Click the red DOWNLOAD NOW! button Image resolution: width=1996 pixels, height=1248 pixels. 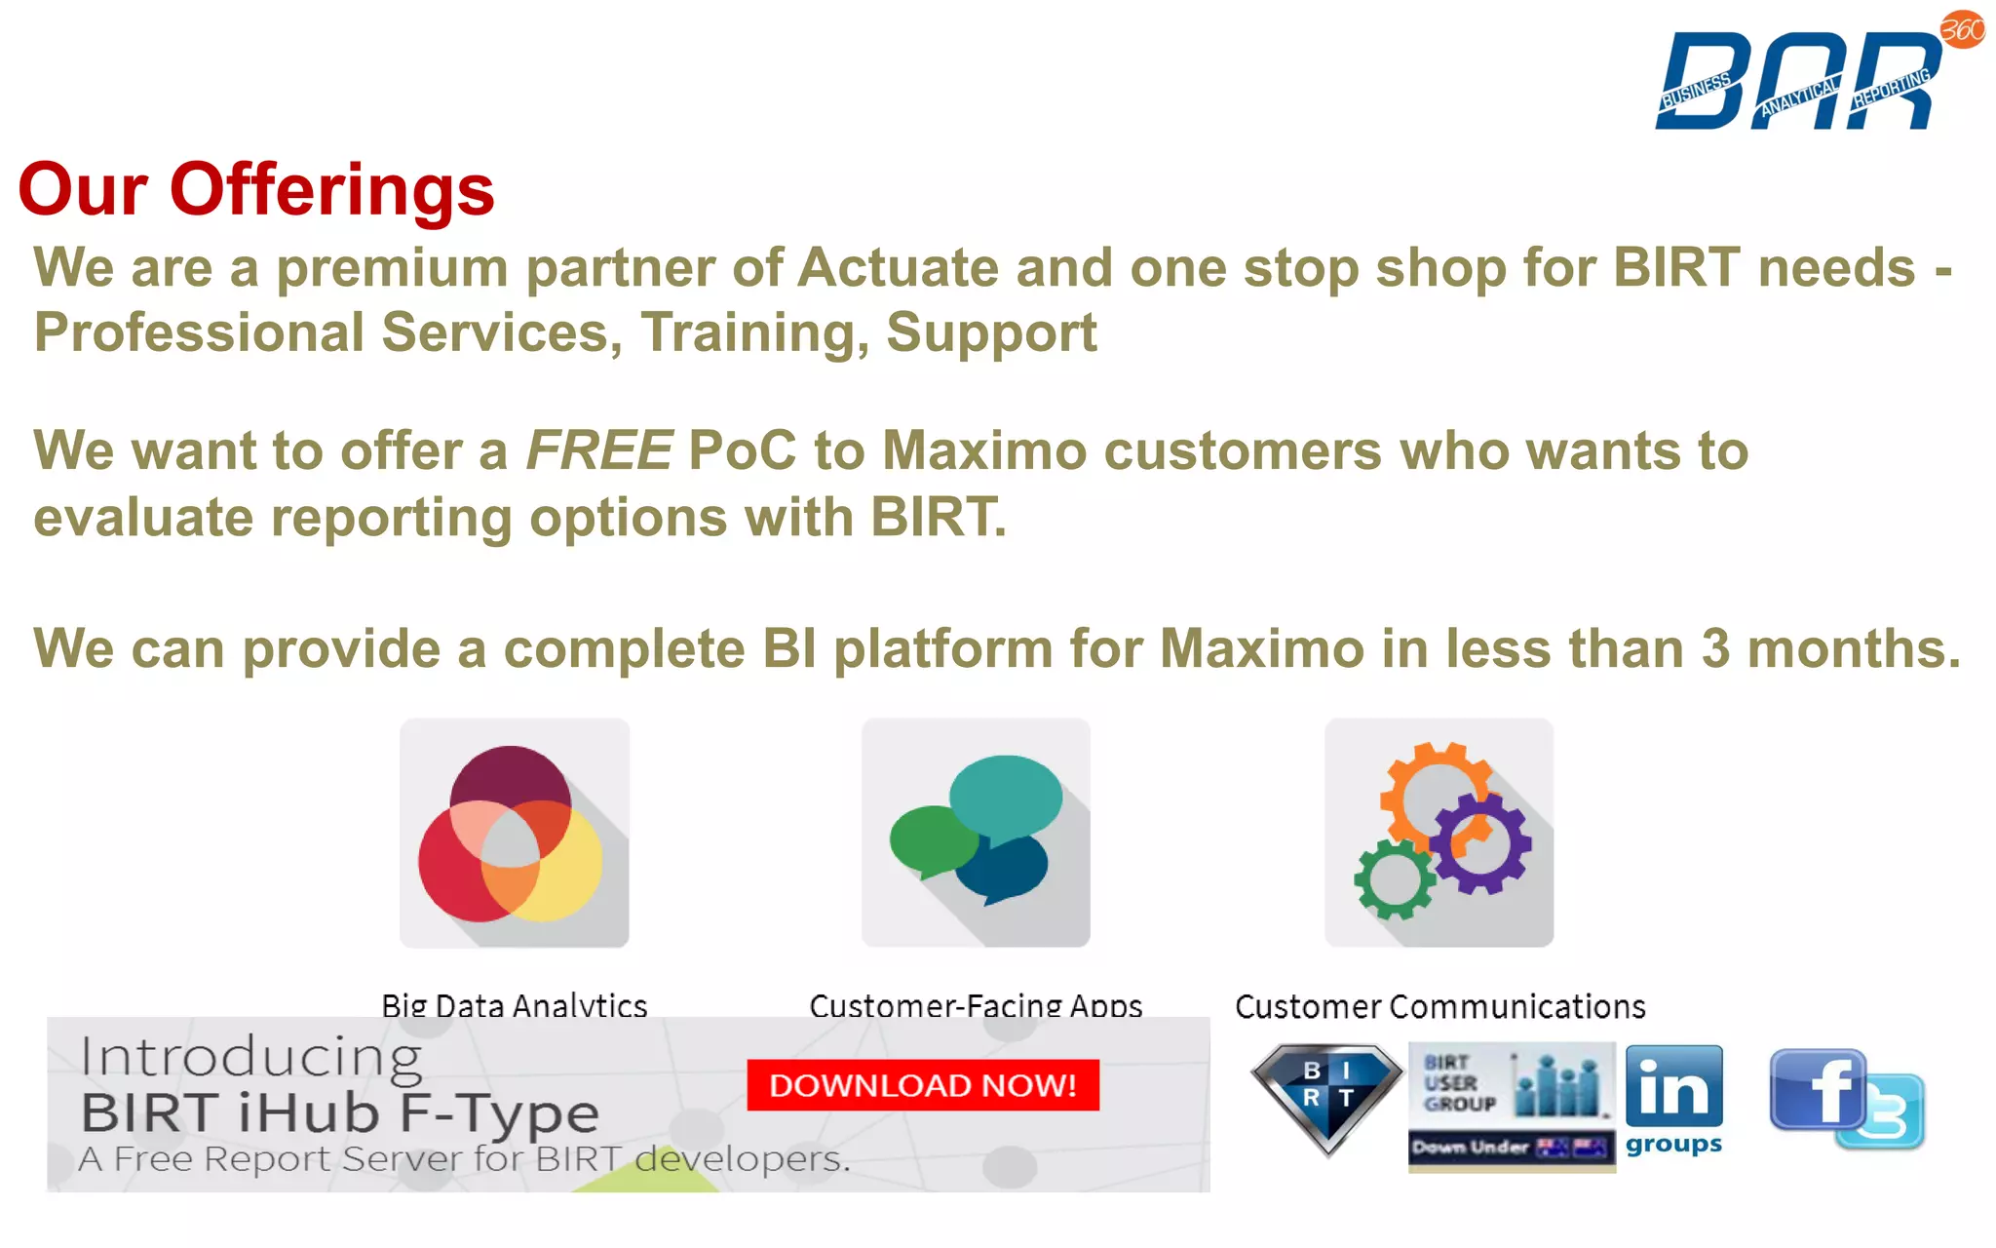(x=922, y=1084)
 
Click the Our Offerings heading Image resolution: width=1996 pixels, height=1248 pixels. (x=256, y=189)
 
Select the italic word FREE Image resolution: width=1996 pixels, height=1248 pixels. (x=598, y=450)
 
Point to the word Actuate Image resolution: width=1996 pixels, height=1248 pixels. (x=897, y=267)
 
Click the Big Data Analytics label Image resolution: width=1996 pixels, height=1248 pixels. (x=514, y=1005)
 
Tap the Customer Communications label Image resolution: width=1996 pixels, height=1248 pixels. (x=1439, y=1006)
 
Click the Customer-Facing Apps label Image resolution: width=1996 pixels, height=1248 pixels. (x=976, y=1005)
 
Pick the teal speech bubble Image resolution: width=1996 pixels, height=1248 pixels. (x=1007, y=794)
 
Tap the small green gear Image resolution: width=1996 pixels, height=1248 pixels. (x=1394, y=879)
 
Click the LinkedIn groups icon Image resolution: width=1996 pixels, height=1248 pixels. (x=1673, y=1099)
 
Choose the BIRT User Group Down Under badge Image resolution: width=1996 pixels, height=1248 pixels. (x=1511, y=1106)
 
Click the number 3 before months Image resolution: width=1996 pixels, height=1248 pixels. (x=1715, y=648)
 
